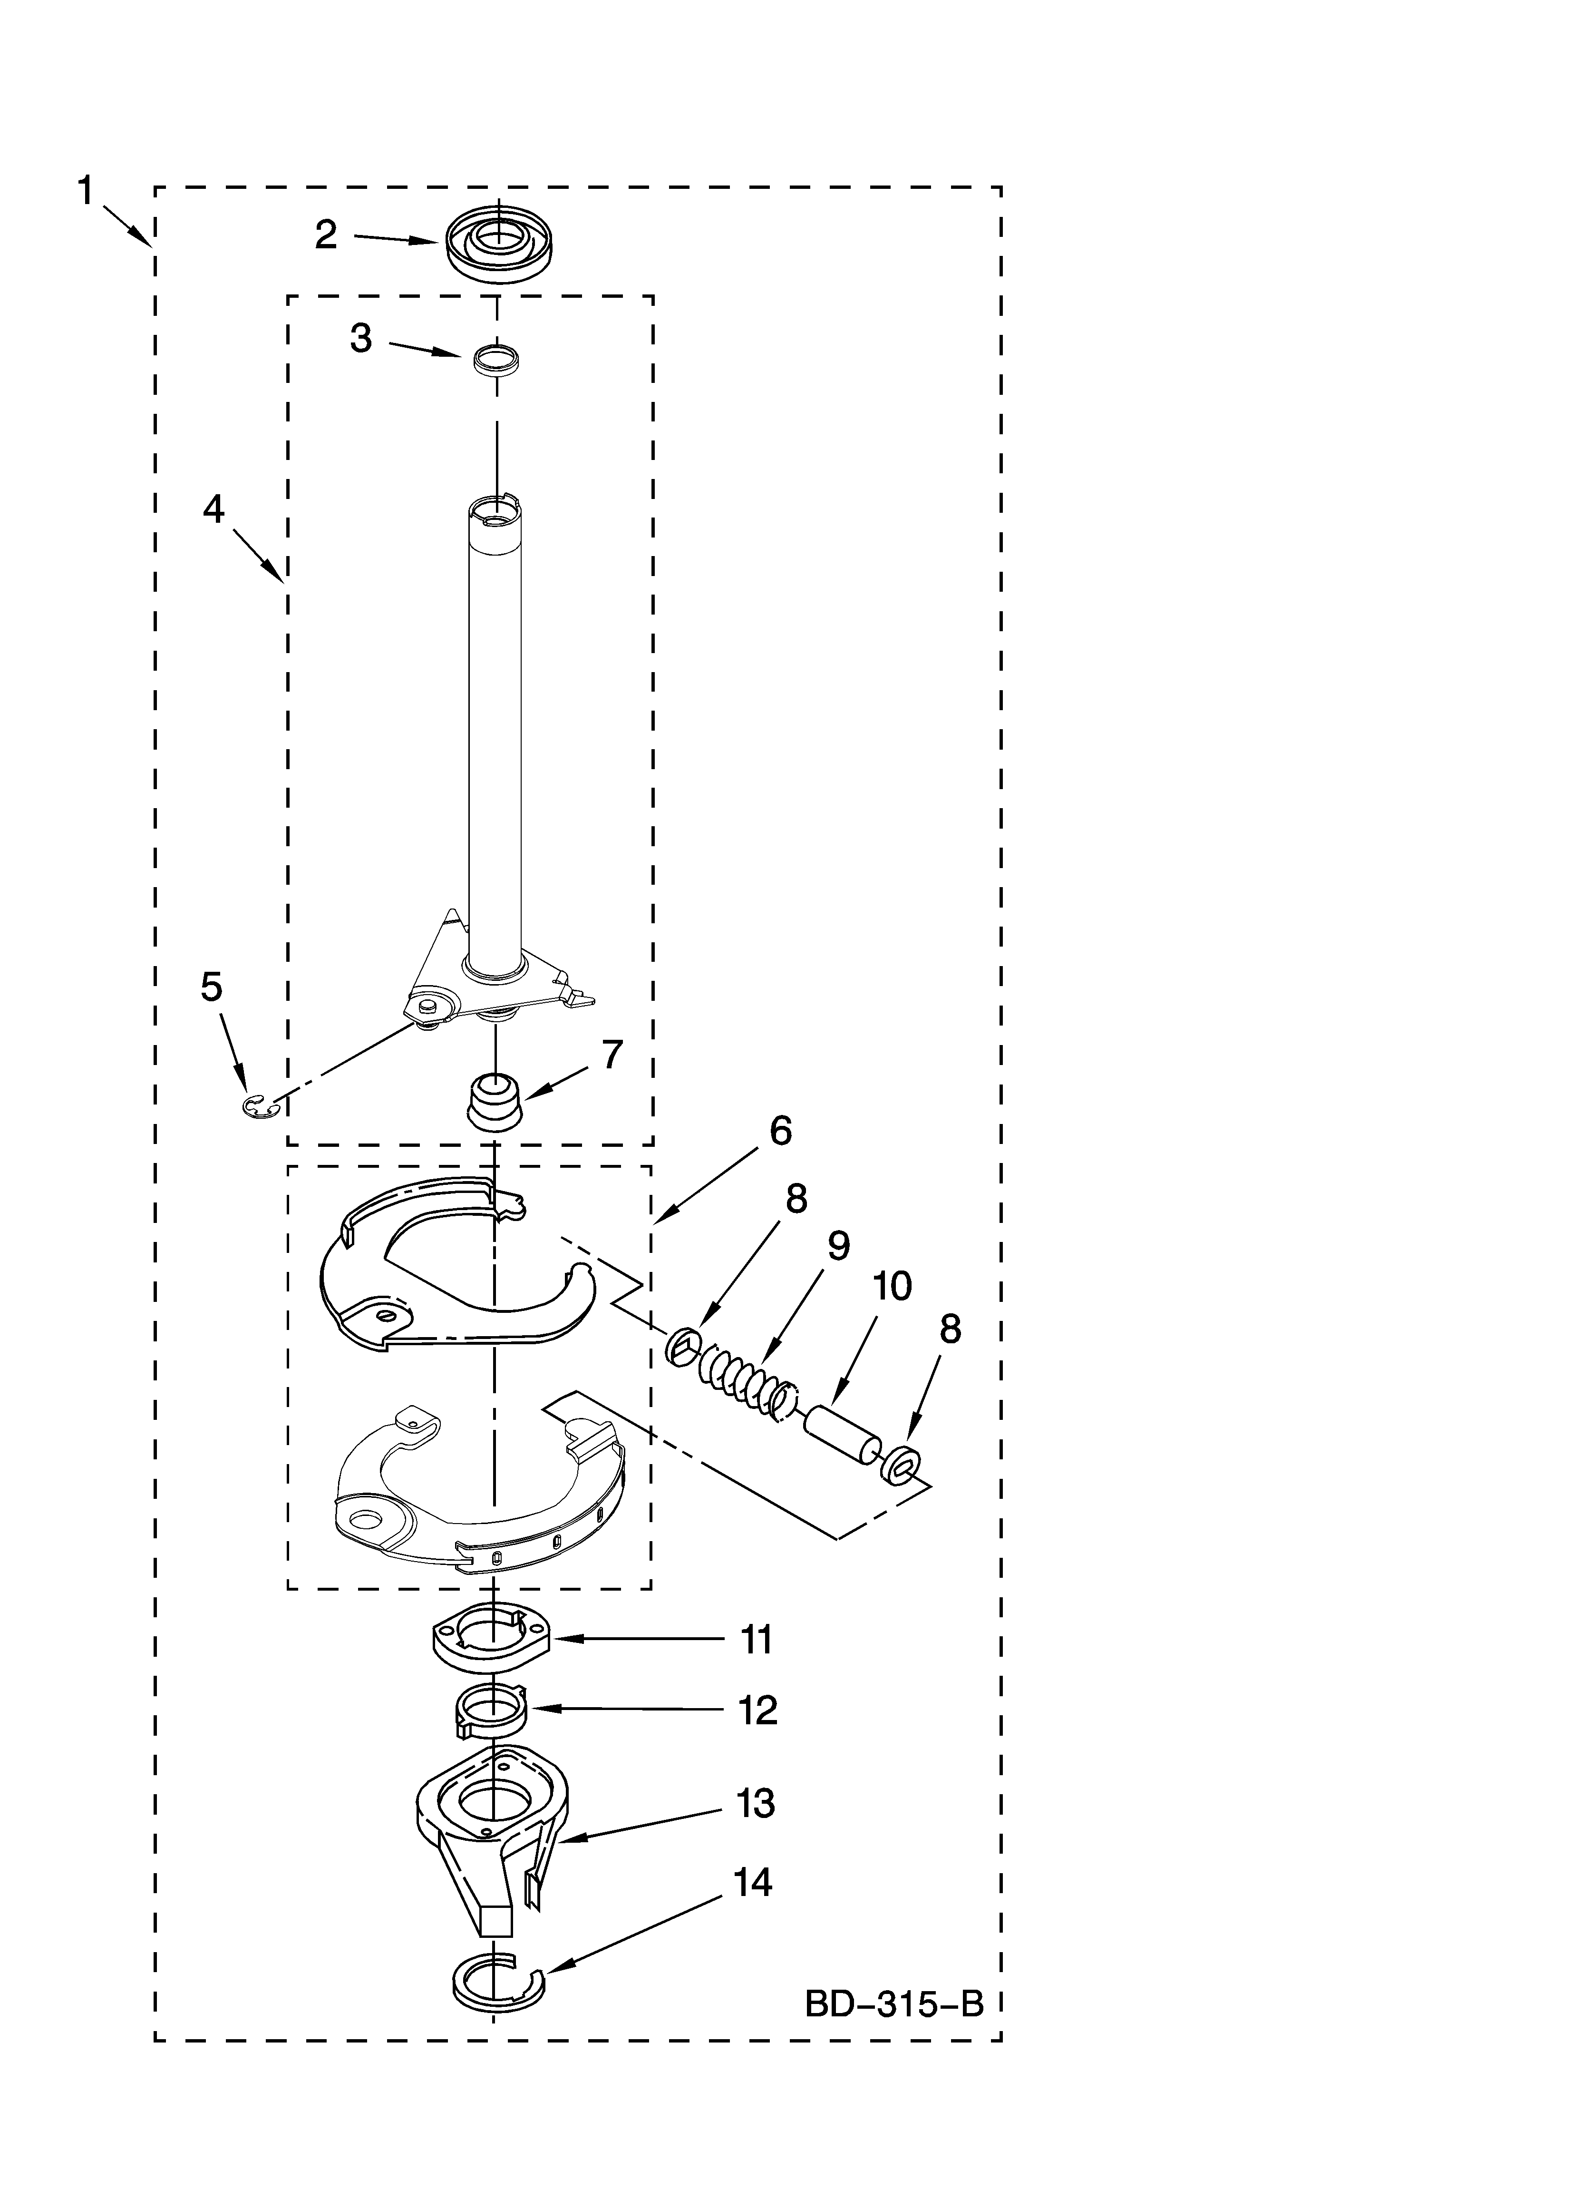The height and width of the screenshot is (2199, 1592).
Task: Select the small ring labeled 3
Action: [x=496, y=359]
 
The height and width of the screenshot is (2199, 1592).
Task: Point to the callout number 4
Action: [x=214, y=509]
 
